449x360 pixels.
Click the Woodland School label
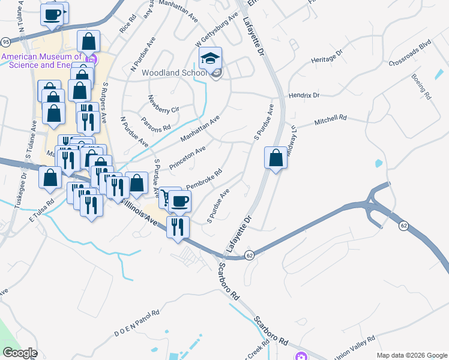tap(174, 73)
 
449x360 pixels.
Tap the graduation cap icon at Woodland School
tap(210, 58)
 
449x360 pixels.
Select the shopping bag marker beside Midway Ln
tap(276, 158)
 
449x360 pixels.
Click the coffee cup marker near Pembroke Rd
tap(179, 201)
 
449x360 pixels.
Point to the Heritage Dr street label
tap(327, 57)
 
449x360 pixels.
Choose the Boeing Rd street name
tap(421, 86)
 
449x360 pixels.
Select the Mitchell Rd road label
tap(331, 121)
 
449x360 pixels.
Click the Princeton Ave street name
tap(187, 157)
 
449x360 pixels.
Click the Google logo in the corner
tap(20, 353)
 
